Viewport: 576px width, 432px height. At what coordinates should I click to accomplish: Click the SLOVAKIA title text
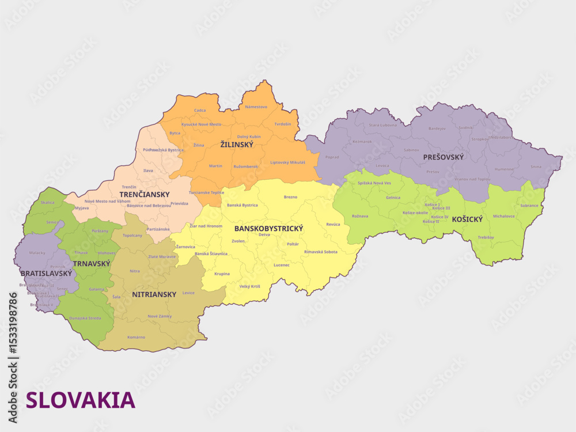click(81, 400)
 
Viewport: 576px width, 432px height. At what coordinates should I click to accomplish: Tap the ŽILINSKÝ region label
click(237, 145)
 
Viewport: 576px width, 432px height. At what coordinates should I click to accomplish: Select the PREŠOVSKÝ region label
click(443, 157)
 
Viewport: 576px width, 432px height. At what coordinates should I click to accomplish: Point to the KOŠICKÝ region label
click(467, 219)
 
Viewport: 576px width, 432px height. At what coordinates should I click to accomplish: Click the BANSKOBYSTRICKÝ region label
click(268, 229)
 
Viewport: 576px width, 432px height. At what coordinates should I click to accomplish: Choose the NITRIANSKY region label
click(154, 294)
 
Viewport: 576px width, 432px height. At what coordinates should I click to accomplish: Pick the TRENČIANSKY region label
click(145, 194)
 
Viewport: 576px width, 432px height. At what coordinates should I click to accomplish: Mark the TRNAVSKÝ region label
click(92, 263)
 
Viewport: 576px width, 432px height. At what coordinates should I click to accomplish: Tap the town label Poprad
click(332, 157)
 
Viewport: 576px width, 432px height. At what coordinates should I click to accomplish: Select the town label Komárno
click(136, 337)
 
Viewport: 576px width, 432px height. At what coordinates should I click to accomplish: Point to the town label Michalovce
click(504, 216)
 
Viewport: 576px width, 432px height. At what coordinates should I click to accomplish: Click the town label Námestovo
click(256, 107)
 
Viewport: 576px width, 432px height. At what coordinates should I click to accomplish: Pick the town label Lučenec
click(282, 265)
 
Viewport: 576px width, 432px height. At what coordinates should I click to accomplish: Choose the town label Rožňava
click(360, 216)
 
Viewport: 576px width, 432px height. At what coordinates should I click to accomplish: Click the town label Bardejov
click(437, 128)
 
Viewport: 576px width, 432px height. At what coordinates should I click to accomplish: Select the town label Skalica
click(48, 203)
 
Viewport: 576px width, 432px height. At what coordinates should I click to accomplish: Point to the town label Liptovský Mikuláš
click(288, 162)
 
